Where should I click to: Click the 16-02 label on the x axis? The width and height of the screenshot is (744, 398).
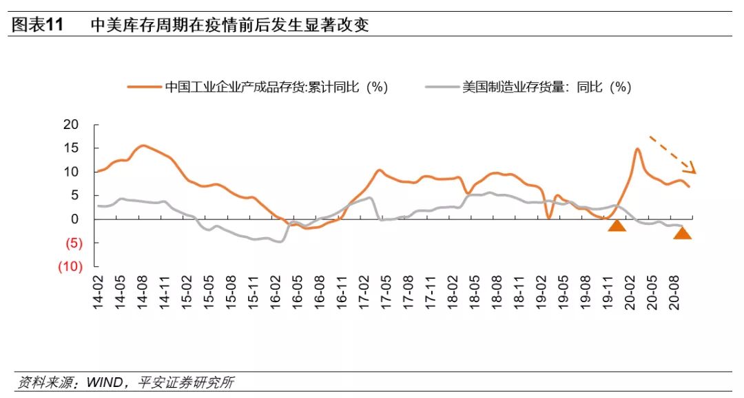pos(276,291)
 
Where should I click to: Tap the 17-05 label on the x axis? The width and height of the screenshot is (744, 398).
pos(386,291)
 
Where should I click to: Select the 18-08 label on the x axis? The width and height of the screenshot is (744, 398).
pos(495,291)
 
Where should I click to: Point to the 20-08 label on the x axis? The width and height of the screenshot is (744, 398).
pos(673,291)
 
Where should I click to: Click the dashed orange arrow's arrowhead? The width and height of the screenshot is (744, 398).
pos(691,168)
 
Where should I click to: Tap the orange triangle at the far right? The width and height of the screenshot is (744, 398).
pos(682,232)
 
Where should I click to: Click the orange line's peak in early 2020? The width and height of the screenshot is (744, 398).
pos(638,149)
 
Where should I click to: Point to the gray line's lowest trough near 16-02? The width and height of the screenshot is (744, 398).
pos(280,241)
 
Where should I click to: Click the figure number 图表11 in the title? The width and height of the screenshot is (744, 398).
pos(38,26)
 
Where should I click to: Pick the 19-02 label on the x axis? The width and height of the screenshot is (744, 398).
pos(540,291)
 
